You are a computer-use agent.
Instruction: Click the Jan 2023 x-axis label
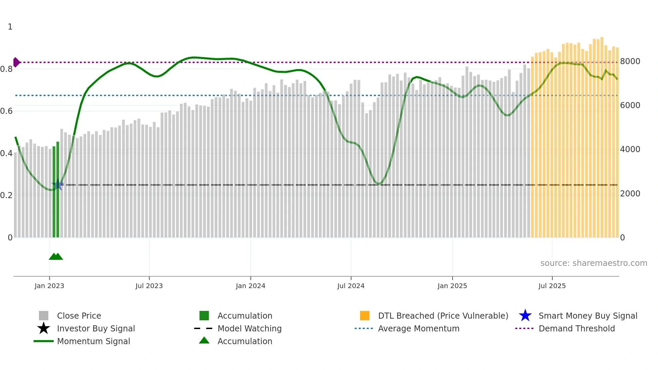click(49, 286)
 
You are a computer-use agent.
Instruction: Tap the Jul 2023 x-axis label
click(149, 286)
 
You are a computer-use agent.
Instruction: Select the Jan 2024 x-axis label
click(250, 286)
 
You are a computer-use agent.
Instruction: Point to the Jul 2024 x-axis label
click(351, 286)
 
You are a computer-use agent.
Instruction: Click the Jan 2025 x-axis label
click(452, 286)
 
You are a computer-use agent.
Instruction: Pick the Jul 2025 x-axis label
click(552, 286)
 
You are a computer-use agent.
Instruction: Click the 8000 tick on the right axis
click(630, 61)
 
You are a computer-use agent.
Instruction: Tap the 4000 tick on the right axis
click(630, 149)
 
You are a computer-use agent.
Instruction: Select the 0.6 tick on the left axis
click(7, 111)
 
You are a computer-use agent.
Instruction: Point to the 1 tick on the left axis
click(10, 27)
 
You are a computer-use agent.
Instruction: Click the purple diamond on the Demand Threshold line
click(16, 62)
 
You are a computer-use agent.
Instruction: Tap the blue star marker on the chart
click(58, 185)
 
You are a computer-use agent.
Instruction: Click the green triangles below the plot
click(56, 257)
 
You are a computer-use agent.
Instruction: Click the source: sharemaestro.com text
click(594, 263)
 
